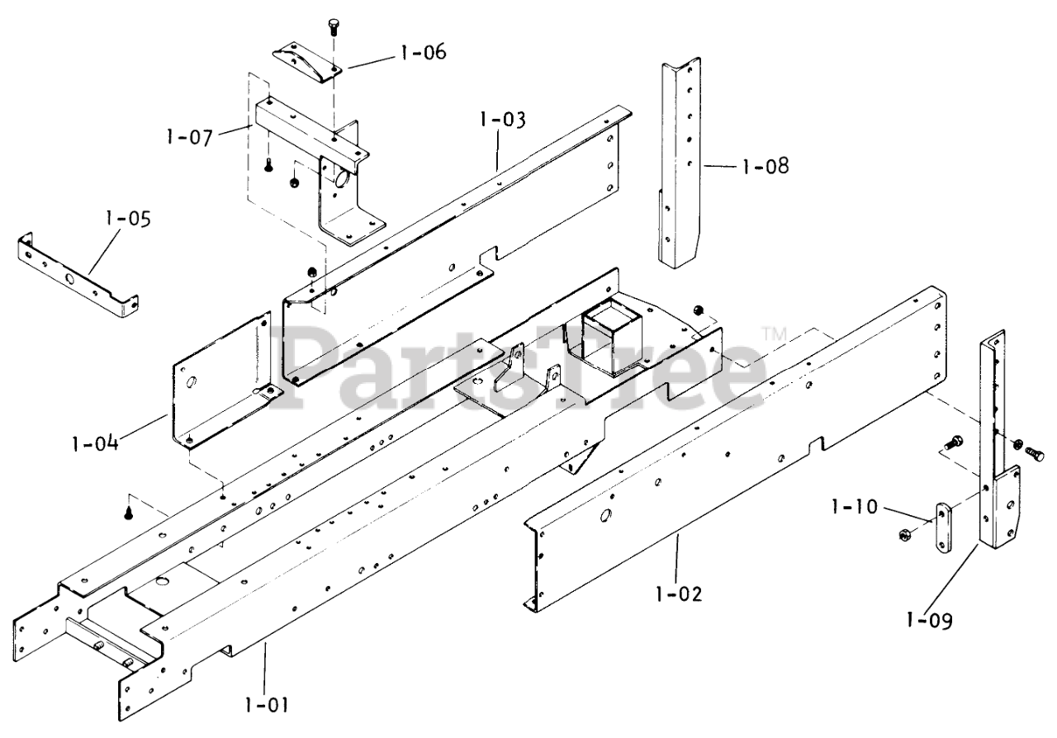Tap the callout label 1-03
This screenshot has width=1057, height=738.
pyautogui.click(x=501, y=120)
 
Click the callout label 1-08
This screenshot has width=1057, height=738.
pyautogui.click(x=765, y=166)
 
